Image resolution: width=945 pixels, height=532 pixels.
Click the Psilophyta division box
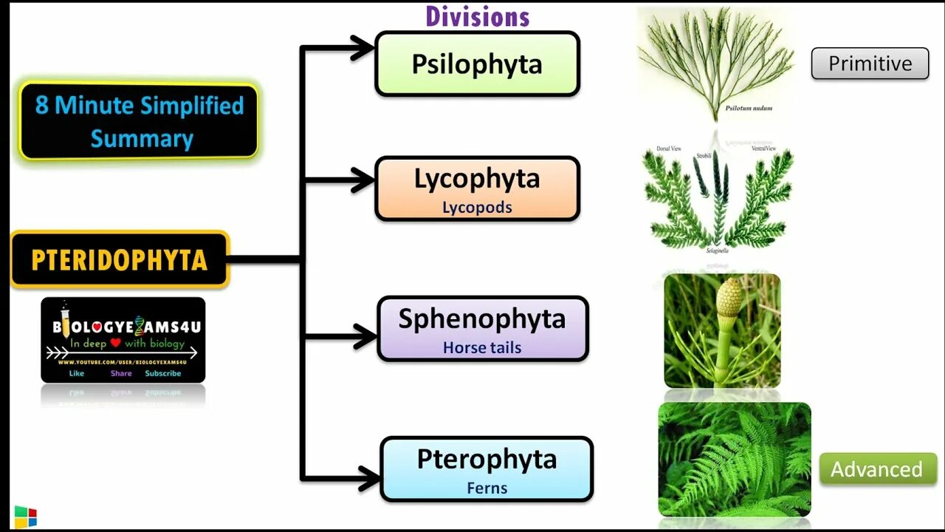(477, 64)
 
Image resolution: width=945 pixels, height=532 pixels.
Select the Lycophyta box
(477, 188)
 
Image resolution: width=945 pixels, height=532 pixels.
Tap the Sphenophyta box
(482, 329)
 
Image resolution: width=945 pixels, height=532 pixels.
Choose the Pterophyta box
(487, 469)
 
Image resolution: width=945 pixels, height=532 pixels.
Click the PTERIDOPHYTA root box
(120, 259)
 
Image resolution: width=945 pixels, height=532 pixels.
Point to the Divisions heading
(478, 16)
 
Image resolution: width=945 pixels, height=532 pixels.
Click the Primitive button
(870, 64)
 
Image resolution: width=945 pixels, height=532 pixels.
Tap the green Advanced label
(877, 469)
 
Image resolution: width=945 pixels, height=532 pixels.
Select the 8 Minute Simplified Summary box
(139, 121)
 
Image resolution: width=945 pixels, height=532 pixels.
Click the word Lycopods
(477, 208)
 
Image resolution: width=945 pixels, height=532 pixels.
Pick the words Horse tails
(482, 347)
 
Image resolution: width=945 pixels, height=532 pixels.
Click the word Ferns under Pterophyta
(487, 488)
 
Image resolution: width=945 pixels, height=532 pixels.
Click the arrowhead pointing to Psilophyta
(362, 49)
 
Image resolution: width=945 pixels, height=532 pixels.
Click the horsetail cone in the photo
(729, 296)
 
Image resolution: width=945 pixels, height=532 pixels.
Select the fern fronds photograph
(734, 459)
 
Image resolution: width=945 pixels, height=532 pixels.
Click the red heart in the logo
(115, 343)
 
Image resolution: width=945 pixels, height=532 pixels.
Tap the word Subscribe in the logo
(162, 373)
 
